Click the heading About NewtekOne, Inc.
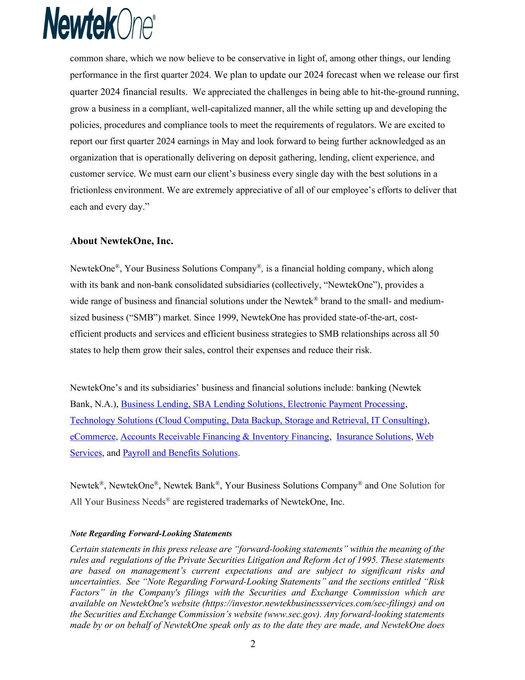coord(121,241)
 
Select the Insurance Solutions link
coord(373,437)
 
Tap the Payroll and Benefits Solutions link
coord(180,453)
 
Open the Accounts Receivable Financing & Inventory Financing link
coord(224,437)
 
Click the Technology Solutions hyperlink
coord(248,420)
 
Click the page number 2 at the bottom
coord(253,645)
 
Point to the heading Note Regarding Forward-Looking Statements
coord(151,534)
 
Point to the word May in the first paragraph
coord(230,141)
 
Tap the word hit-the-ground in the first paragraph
coord(397,93)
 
